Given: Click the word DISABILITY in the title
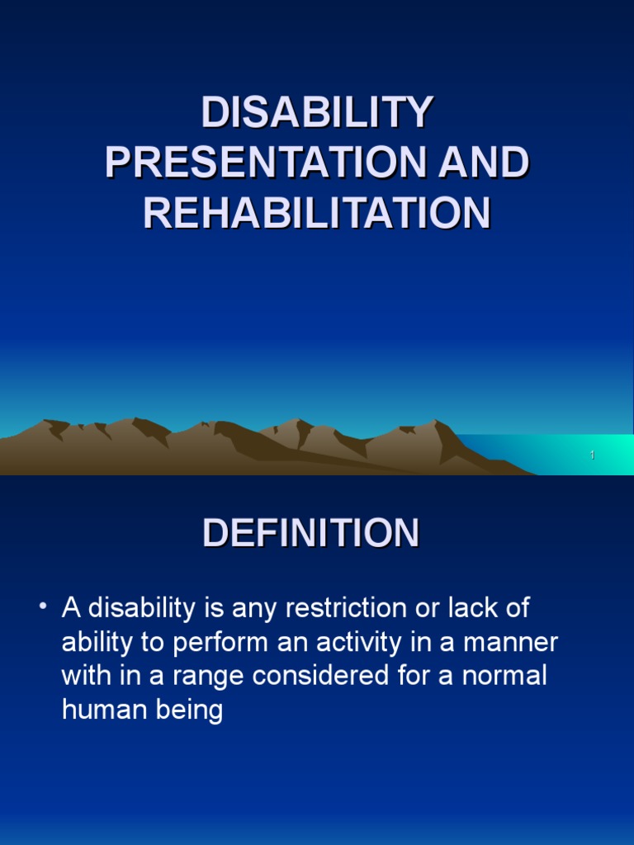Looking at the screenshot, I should (x=317, y=113).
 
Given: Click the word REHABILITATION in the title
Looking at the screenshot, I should (x=317, y=213).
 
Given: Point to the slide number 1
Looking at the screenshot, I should (x=592, y=456).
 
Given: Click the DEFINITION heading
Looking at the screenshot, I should (x=311, y=533).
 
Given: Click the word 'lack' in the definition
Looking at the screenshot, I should (x=475, y=608).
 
